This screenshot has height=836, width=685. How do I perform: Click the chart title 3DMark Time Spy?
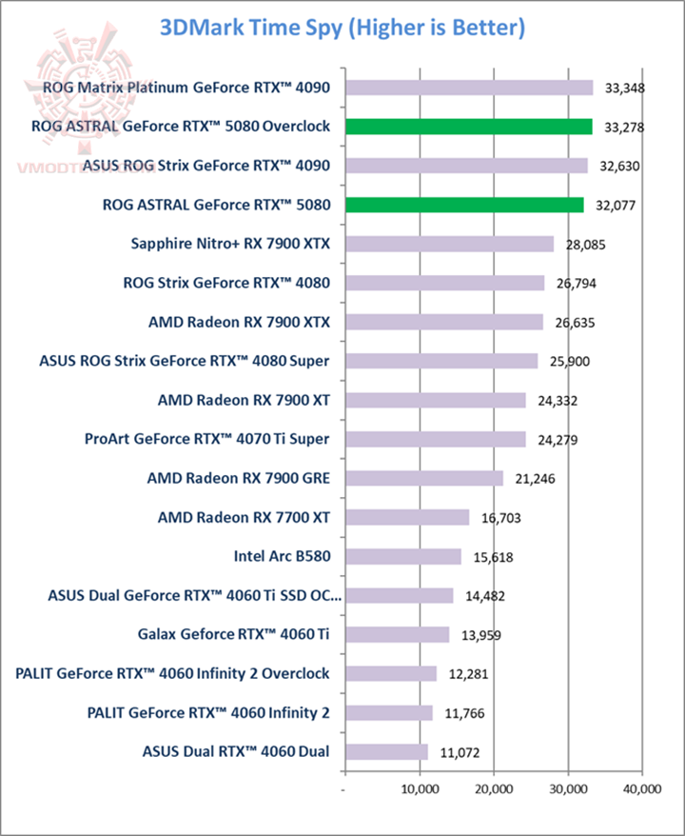[342, 29]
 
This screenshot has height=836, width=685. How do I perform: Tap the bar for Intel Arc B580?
[403, 556]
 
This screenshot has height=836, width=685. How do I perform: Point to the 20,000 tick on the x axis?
[494, 789]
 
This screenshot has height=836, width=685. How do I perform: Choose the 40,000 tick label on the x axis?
[641, 789]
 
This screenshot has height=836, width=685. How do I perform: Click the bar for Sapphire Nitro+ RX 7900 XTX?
[449, 244]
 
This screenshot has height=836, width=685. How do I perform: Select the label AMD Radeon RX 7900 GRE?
[238, 478]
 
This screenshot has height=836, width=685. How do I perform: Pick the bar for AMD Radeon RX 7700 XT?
[407, 517]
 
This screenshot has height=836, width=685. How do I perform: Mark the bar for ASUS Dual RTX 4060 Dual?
[386, 751]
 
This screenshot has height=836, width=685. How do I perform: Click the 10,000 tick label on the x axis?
[420, 789]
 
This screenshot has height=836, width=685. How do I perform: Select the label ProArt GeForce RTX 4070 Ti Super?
[206, 439]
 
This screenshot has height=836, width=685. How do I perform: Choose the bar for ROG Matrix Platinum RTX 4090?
[469, 88]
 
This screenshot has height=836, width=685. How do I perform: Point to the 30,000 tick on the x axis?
[568, 789]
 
